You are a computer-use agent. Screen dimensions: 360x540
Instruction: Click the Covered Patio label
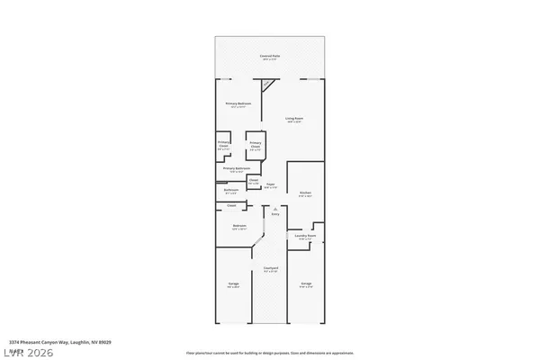click(x=270, y=56)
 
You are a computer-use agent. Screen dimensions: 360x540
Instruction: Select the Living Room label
click(x=293, y=120)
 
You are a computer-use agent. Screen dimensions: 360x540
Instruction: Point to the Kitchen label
click(x=305, y=193)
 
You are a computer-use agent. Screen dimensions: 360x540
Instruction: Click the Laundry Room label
click(x=305, y=237)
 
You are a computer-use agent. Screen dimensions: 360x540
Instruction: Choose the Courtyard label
click(x=269, y=268)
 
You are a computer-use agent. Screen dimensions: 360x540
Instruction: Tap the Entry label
click(x=275, y=214)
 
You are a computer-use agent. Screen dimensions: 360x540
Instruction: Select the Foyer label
click(x=270, y=185)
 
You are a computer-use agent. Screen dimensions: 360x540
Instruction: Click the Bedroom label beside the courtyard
click(x=239, y=226)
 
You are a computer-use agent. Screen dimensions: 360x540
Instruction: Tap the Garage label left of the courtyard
click(x=233, y=284)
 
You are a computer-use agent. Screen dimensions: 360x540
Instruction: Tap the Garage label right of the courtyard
click(x=306, y=284)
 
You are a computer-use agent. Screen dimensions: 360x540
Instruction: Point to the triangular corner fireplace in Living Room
click(x=266, y=84)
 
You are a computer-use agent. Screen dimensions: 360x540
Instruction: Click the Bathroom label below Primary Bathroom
click(x=231, y=190)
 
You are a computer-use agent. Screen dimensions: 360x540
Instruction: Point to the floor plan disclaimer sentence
click(x=269, y=353)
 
